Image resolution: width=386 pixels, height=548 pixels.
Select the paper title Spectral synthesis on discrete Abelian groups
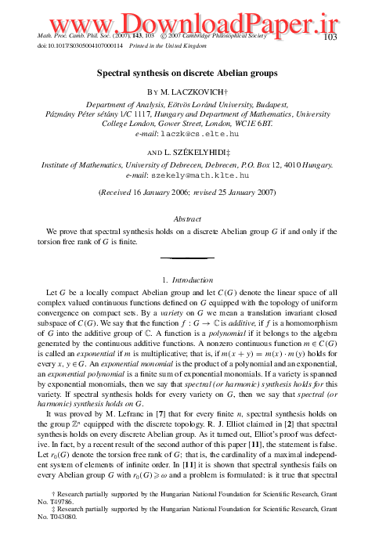click(193, 74)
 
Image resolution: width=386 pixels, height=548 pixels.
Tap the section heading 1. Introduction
click(192, 279)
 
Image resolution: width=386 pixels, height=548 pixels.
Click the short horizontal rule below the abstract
click(193, 256)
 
